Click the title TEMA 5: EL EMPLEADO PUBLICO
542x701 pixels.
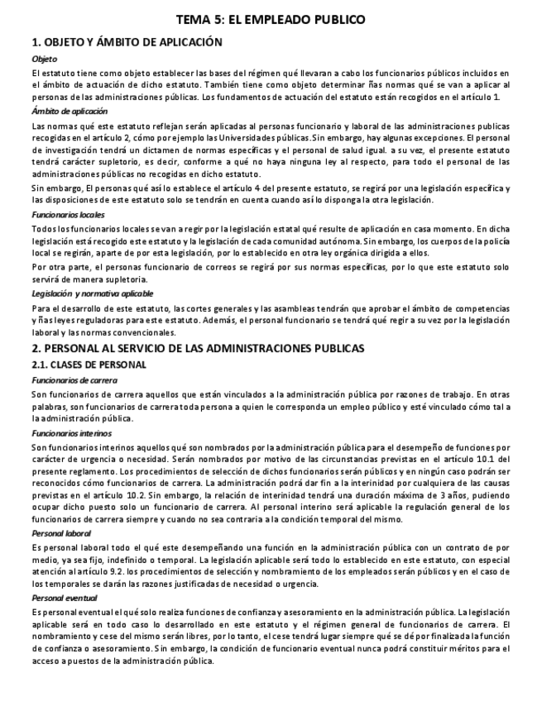271,20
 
